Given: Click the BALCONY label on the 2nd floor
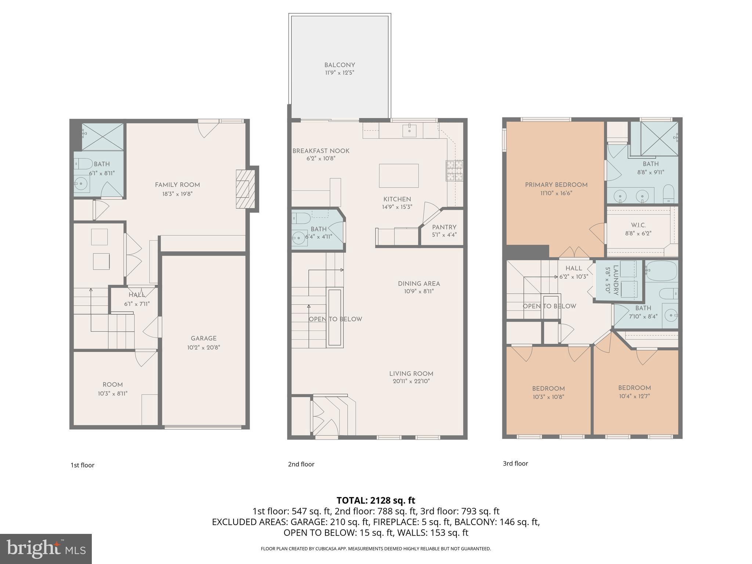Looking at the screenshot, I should point(339,65).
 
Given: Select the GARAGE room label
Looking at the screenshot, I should point(203,339).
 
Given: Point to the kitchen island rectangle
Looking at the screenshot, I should point(398,176).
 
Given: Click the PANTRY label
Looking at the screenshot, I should point(444,227).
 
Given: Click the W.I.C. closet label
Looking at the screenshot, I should point(638,225).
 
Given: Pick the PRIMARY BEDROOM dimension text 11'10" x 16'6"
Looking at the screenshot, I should point(556,193).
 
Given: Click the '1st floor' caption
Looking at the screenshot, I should point(82,465).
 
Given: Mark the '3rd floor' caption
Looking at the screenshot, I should point(515,463).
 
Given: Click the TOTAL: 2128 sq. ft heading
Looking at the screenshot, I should point(376,500).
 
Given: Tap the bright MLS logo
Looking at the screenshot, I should point(46,549).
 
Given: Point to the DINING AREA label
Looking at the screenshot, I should point(419,283).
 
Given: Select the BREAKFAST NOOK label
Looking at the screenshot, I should point(321,151).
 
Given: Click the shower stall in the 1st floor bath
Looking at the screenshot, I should point(102,137).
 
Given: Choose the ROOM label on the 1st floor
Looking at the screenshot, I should point(112,385).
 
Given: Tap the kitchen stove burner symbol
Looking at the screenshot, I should point(455,171).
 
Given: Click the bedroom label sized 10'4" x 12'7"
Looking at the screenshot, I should point(634,388).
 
